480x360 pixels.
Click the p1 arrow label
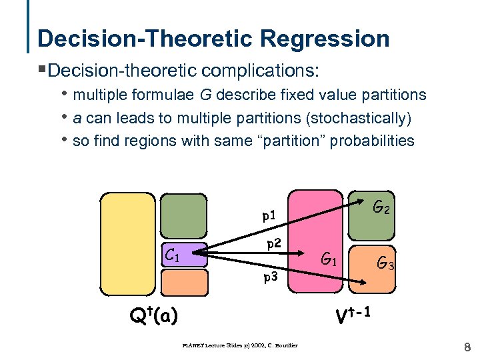(x=269, y=215)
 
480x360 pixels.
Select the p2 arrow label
(x=274, y=243)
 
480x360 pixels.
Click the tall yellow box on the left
(x=127, y=243)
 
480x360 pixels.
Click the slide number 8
(x=467, y=346)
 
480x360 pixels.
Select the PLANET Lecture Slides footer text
(x=239, y=345)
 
